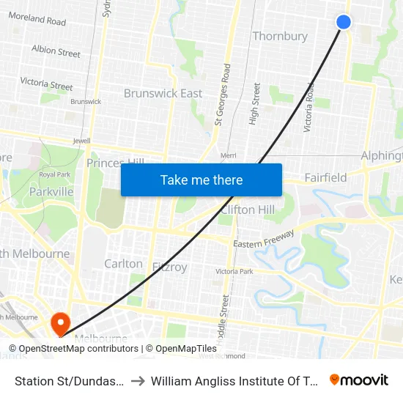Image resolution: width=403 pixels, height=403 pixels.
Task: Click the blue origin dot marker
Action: [x=343, y=22]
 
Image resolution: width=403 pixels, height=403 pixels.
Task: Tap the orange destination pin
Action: [x=59, y=321]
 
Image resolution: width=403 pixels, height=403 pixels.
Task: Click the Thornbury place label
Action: [x=280, y=36]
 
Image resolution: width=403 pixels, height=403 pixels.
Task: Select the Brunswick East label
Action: [x=163, y=93]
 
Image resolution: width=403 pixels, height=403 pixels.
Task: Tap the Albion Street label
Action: [x=56, y=52]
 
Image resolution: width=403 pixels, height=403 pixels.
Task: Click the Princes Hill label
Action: [x=114, y=163]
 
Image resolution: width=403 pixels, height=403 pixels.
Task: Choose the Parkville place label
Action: [x=51, y=192]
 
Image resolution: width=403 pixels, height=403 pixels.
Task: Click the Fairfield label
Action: [x=325, y=177]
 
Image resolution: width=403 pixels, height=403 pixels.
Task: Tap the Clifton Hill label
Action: [x=248, y=210]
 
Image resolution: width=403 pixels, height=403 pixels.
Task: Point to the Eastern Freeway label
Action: [x=264, y=238]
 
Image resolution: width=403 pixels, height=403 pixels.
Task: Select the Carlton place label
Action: [x=123, y=263]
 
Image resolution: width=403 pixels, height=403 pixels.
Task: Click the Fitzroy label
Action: [x=169, y=267]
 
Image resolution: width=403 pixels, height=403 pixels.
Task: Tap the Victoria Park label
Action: [x=234, y=272]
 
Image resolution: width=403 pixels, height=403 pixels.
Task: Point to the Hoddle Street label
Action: [x=225, y=311]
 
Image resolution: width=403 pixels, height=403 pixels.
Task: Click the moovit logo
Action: [x=358, y=380]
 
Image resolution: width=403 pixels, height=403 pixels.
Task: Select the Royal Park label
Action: [x=53, y=174]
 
